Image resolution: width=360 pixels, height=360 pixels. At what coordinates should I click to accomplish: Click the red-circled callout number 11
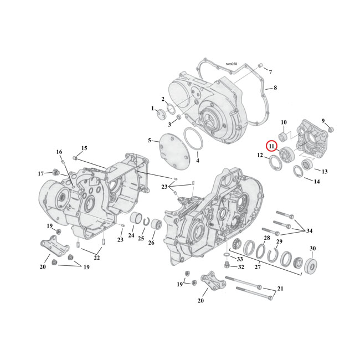[271, 147]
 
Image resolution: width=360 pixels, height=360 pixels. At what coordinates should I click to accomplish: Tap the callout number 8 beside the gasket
[275, 88]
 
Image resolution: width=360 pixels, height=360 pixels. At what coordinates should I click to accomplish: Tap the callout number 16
[59, 152]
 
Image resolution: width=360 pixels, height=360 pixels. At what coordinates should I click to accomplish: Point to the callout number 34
[308, 231]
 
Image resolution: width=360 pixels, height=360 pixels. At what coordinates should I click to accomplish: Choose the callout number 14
[317, 181]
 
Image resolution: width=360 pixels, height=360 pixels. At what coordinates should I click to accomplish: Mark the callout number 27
[258, 267]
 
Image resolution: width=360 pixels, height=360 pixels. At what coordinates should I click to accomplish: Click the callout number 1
[153, 109]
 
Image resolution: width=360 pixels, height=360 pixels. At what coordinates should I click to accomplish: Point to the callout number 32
[240, 267]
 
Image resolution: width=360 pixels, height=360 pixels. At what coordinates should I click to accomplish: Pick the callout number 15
[84, 148]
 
